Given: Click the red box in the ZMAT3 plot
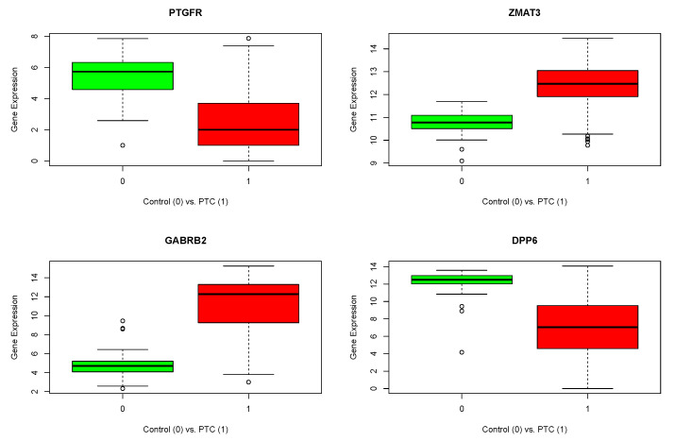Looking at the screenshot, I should (587, 83).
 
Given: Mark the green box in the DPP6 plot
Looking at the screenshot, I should (461, 280).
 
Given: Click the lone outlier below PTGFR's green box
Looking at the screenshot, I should (123, 145).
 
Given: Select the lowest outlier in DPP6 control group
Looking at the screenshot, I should (461, 352).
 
